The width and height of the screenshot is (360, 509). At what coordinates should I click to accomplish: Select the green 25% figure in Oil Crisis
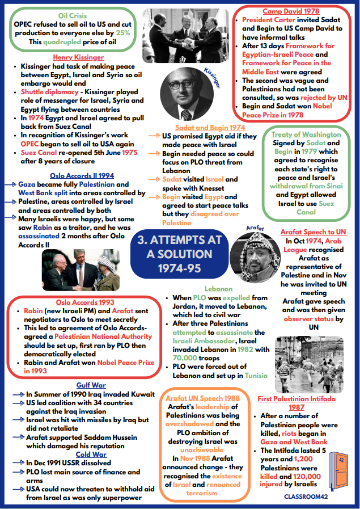coord(124,33)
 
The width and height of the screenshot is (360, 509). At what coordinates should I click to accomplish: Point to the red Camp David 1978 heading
coord(290,11)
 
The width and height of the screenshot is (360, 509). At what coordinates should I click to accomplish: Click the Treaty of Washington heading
coord(306,134)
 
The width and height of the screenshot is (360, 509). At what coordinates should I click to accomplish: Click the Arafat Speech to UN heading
coord(314,232)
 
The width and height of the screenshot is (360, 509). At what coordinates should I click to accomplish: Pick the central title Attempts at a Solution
coord(179,254)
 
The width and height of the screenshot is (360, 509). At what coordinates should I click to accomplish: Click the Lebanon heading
coord(218,289)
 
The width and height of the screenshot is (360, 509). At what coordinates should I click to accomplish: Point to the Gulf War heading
coord(92,385)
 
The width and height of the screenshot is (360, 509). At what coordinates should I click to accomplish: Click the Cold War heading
coord(91,455)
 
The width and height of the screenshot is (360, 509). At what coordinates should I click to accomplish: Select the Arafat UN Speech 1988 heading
coord(202,398)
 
